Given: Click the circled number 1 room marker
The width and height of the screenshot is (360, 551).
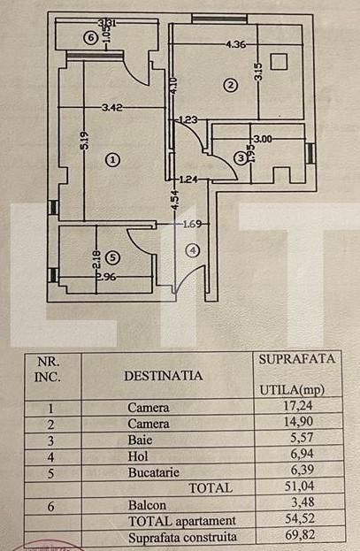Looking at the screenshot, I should click(x=111, y=160).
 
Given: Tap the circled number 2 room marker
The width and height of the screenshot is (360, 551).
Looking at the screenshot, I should click(x=230, y=86).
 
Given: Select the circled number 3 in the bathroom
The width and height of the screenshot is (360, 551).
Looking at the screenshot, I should click(x=241, y=157).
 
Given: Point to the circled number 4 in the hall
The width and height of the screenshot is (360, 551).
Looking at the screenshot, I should click(x=194, y=250).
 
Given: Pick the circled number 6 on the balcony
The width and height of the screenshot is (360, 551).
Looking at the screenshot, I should click(x=88, y=38).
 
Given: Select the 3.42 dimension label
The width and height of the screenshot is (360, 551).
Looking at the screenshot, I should click(x=111, y=109).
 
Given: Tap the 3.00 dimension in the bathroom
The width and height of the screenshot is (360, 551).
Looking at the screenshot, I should click(x=263, y=139).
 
